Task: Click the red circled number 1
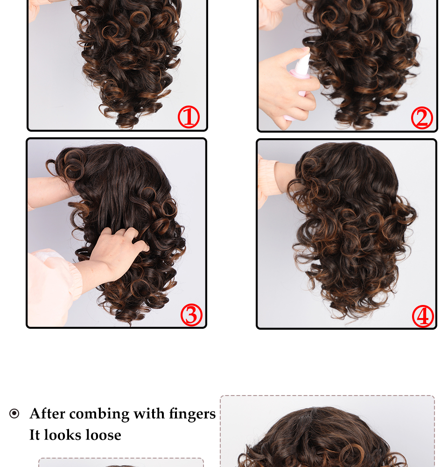[x=189, y=117]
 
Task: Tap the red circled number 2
[x=422, y=118]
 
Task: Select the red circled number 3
[x=191, y=315]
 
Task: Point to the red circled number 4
[x=423, y=316]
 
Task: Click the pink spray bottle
[x=298, y=86]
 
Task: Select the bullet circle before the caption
[x=14, y=413]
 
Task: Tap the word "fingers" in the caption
[x=192, y=414]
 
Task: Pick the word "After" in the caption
[x=47, y=413]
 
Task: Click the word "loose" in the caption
[x=103, y=435]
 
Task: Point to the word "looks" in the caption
[x=63, y=435]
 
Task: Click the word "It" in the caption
[x=35, y=435]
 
